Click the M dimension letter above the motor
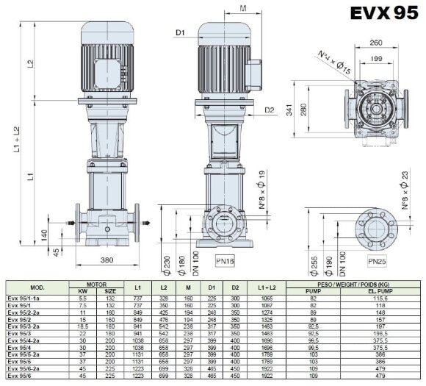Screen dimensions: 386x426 tap(243, 8)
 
